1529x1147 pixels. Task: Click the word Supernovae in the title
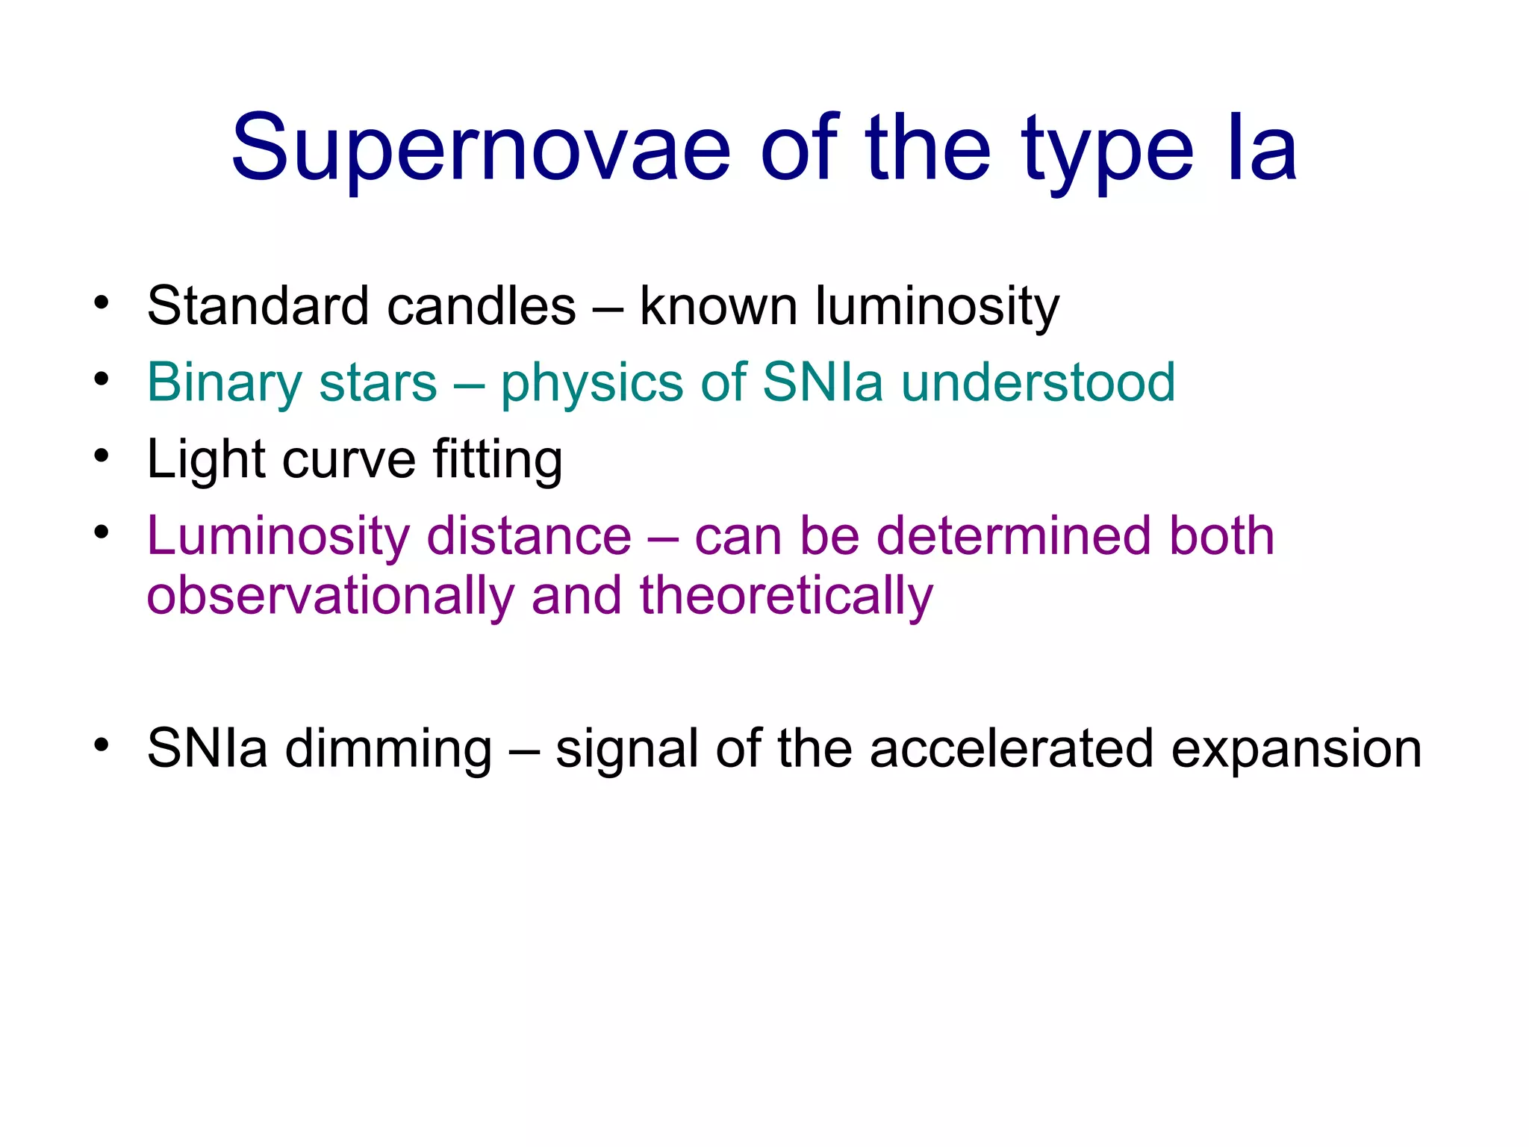click(x=480, y=149)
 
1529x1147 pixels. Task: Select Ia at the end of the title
click(x=1262, y=149)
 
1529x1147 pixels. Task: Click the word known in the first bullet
click(x=718, y=306)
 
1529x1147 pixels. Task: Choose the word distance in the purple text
click(x=529, y=536)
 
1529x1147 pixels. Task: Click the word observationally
click(x=330, y=596)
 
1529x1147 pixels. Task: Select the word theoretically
click(x=786, y=596)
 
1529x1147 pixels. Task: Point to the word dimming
click(x=388, y=749)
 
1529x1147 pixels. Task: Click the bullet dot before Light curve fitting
click(x=102, y=456)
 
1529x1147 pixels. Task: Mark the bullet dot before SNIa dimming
click(x=102, y=745)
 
